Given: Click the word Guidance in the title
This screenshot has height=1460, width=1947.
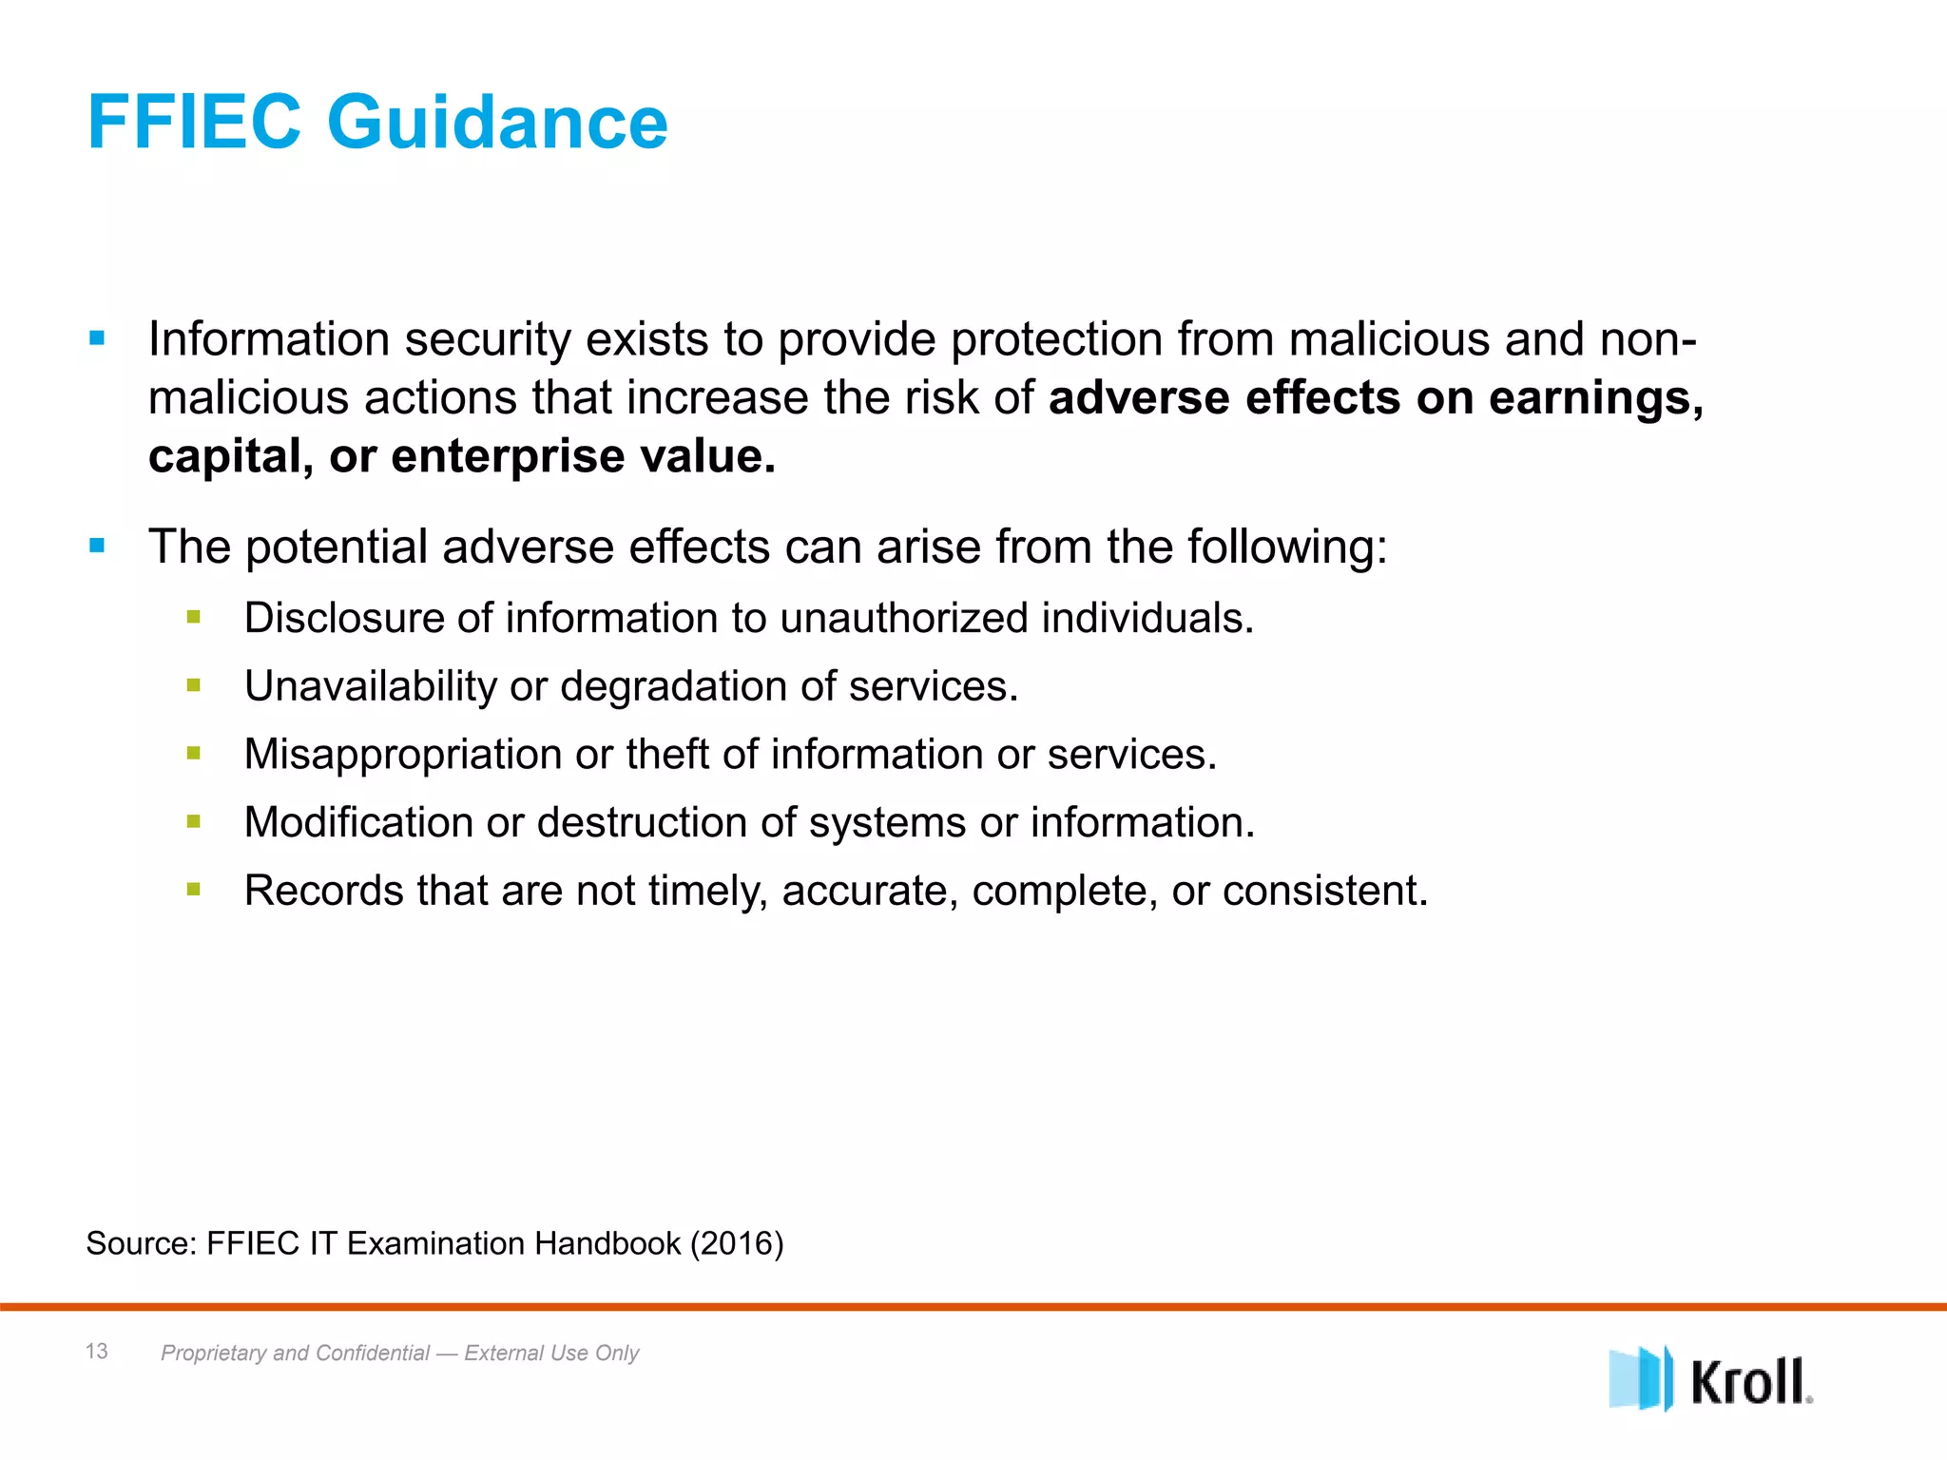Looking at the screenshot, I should click(497, 124).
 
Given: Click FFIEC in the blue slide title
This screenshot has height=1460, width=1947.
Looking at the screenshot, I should click(194, 124).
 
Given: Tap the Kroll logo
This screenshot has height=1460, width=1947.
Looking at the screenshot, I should click(1710, 1378).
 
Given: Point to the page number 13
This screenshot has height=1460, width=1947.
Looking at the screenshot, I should click(97, 1351).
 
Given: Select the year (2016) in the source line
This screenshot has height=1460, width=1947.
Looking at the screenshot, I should click(737, 1243).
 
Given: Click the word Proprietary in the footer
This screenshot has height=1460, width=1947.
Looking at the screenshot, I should click(213, 1353).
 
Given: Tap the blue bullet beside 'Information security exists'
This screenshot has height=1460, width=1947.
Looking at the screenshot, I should click(97, 337).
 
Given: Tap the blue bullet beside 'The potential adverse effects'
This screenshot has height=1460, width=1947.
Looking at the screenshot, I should click(97, 546).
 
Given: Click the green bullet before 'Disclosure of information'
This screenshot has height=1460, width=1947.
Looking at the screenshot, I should click(194, 618).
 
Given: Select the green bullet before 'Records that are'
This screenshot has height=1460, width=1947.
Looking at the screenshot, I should click(194, 890).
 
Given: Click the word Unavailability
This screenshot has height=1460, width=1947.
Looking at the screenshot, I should click(370, 686).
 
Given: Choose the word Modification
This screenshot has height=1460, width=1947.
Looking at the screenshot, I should click(358, 822).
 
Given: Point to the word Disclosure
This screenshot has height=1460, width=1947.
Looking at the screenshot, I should click(343, 618).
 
